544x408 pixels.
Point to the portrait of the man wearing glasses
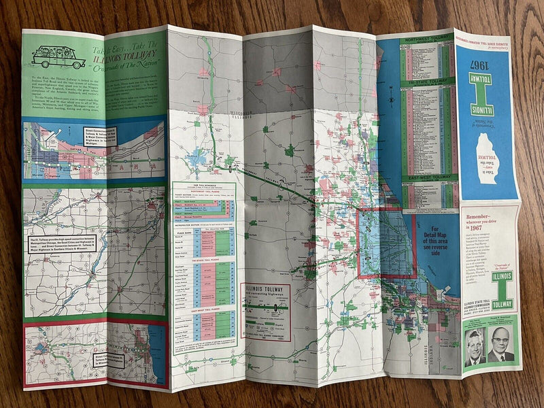pyautogui.click(x=502, y=345)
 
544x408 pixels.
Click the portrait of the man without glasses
pyautogui.click(x=475, y=347)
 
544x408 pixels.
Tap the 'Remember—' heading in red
pyautogui.click(x=485, y=217)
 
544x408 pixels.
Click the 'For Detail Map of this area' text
pyautogui.click(x=435, y=240)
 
